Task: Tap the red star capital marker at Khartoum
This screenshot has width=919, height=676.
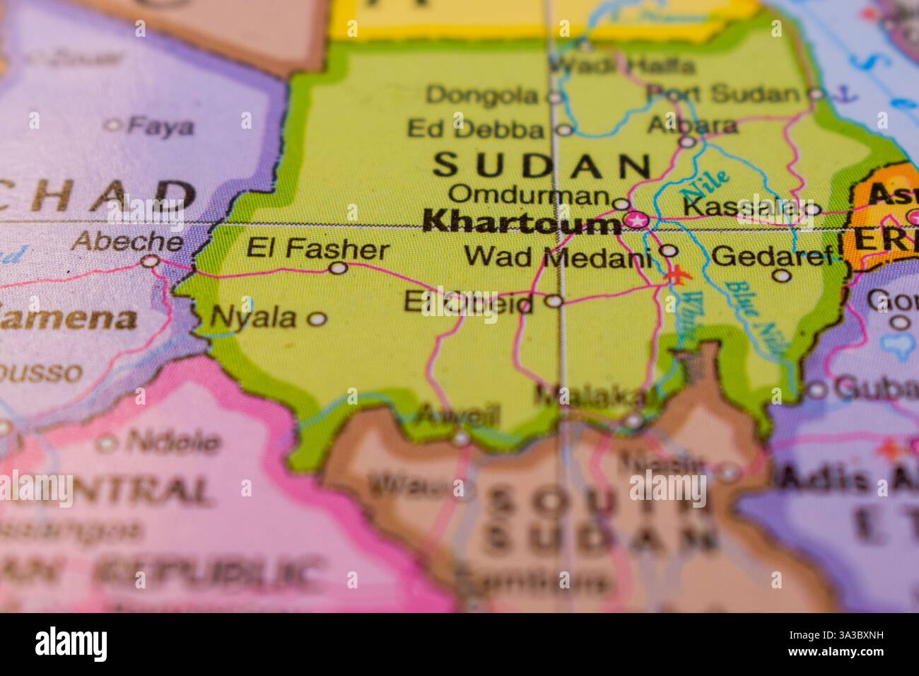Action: [x=638, y=221]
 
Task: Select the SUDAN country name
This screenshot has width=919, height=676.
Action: [x=542, y=165]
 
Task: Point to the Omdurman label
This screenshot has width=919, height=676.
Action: [x=529, y=194]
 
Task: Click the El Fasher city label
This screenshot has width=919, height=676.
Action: [x=317, y=250]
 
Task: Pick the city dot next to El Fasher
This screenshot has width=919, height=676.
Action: [x=339, y=268]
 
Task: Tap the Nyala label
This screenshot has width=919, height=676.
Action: [x=254, y=318]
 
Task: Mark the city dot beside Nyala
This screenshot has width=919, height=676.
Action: [x=317, y=320]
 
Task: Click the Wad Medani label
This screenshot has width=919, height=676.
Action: [x=557, y=257]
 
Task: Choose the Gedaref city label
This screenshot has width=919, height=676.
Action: [x=773, y=255]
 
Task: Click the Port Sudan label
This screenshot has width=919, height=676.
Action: [x=724, y=93]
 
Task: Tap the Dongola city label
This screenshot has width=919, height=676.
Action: [x=483, y=95]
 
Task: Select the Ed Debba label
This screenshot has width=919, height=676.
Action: [x=476, y=129]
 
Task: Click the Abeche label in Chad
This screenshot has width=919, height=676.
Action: [x=128, y=242]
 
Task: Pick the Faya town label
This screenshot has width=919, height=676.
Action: [x=160, y=127]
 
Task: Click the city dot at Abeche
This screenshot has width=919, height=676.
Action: [x=150, y=262]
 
